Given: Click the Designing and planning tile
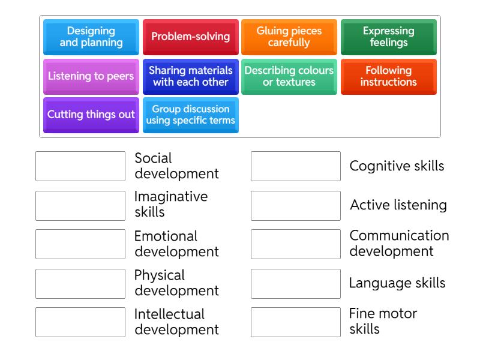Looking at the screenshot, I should tap(91, 37).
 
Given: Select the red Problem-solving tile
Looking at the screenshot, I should tap(190, 37).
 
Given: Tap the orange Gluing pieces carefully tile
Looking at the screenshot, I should tap(289, 37).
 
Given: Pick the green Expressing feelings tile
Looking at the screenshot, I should tap(388, 37).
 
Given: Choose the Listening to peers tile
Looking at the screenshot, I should tap(91, 76).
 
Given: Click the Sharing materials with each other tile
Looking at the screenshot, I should tap(190, 76).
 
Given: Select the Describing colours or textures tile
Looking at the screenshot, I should tap(289, 76).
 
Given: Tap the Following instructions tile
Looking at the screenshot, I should tap(388, 76).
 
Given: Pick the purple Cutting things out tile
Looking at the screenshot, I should tap(91, 115).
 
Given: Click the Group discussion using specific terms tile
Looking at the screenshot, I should tap(190, 115).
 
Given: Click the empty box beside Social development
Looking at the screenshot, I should tap(80, 166).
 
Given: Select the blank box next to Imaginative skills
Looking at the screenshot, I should tap(80, 205).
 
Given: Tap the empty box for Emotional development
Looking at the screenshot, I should tap(80, 244).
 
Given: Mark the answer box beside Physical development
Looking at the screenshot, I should tap(80, 283).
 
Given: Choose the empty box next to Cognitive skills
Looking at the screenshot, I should tap(296, 166).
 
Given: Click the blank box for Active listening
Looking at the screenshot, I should tap(296, 205).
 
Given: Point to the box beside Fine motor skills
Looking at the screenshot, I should tap(296, 322).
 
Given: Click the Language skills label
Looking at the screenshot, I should tap(397, 283).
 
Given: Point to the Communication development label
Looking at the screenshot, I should tap(399, 244).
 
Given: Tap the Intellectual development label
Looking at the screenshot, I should tap(176, 322).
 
